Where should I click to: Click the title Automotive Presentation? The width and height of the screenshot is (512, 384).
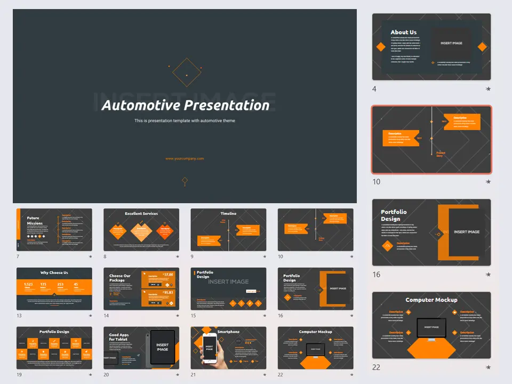(185, 105)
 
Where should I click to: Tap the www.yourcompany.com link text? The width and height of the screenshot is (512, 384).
(185, 158)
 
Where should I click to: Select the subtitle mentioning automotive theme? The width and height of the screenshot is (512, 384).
(185, 121)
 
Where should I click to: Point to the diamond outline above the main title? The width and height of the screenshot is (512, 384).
(185, 72)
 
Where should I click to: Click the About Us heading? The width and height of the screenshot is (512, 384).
(403, 32)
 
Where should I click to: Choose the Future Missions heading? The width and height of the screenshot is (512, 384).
(33, 220)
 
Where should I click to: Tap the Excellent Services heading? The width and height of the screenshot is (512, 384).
(141, 214)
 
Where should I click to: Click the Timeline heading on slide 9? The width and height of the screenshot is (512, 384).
(228, 213)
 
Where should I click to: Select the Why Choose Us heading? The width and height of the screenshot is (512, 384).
(54, 273)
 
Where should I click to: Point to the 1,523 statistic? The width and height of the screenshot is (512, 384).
(29, 284)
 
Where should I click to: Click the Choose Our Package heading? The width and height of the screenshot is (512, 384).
(120, 278)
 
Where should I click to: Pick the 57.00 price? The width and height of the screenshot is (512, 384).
(168, 274)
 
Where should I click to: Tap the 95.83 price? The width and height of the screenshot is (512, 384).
(168, 292)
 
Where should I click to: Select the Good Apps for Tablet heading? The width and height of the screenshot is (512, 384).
(118, 337)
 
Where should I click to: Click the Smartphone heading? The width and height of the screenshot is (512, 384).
(228, 332)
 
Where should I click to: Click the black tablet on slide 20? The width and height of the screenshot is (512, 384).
(162, 347)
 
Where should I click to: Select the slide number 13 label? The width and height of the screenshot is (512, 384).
(19, 316)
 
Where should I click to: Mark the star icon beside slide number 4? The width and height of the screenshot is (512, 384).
(488, 89)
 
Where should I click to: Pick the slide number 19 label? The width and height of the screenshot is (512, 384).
(19, 375)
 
